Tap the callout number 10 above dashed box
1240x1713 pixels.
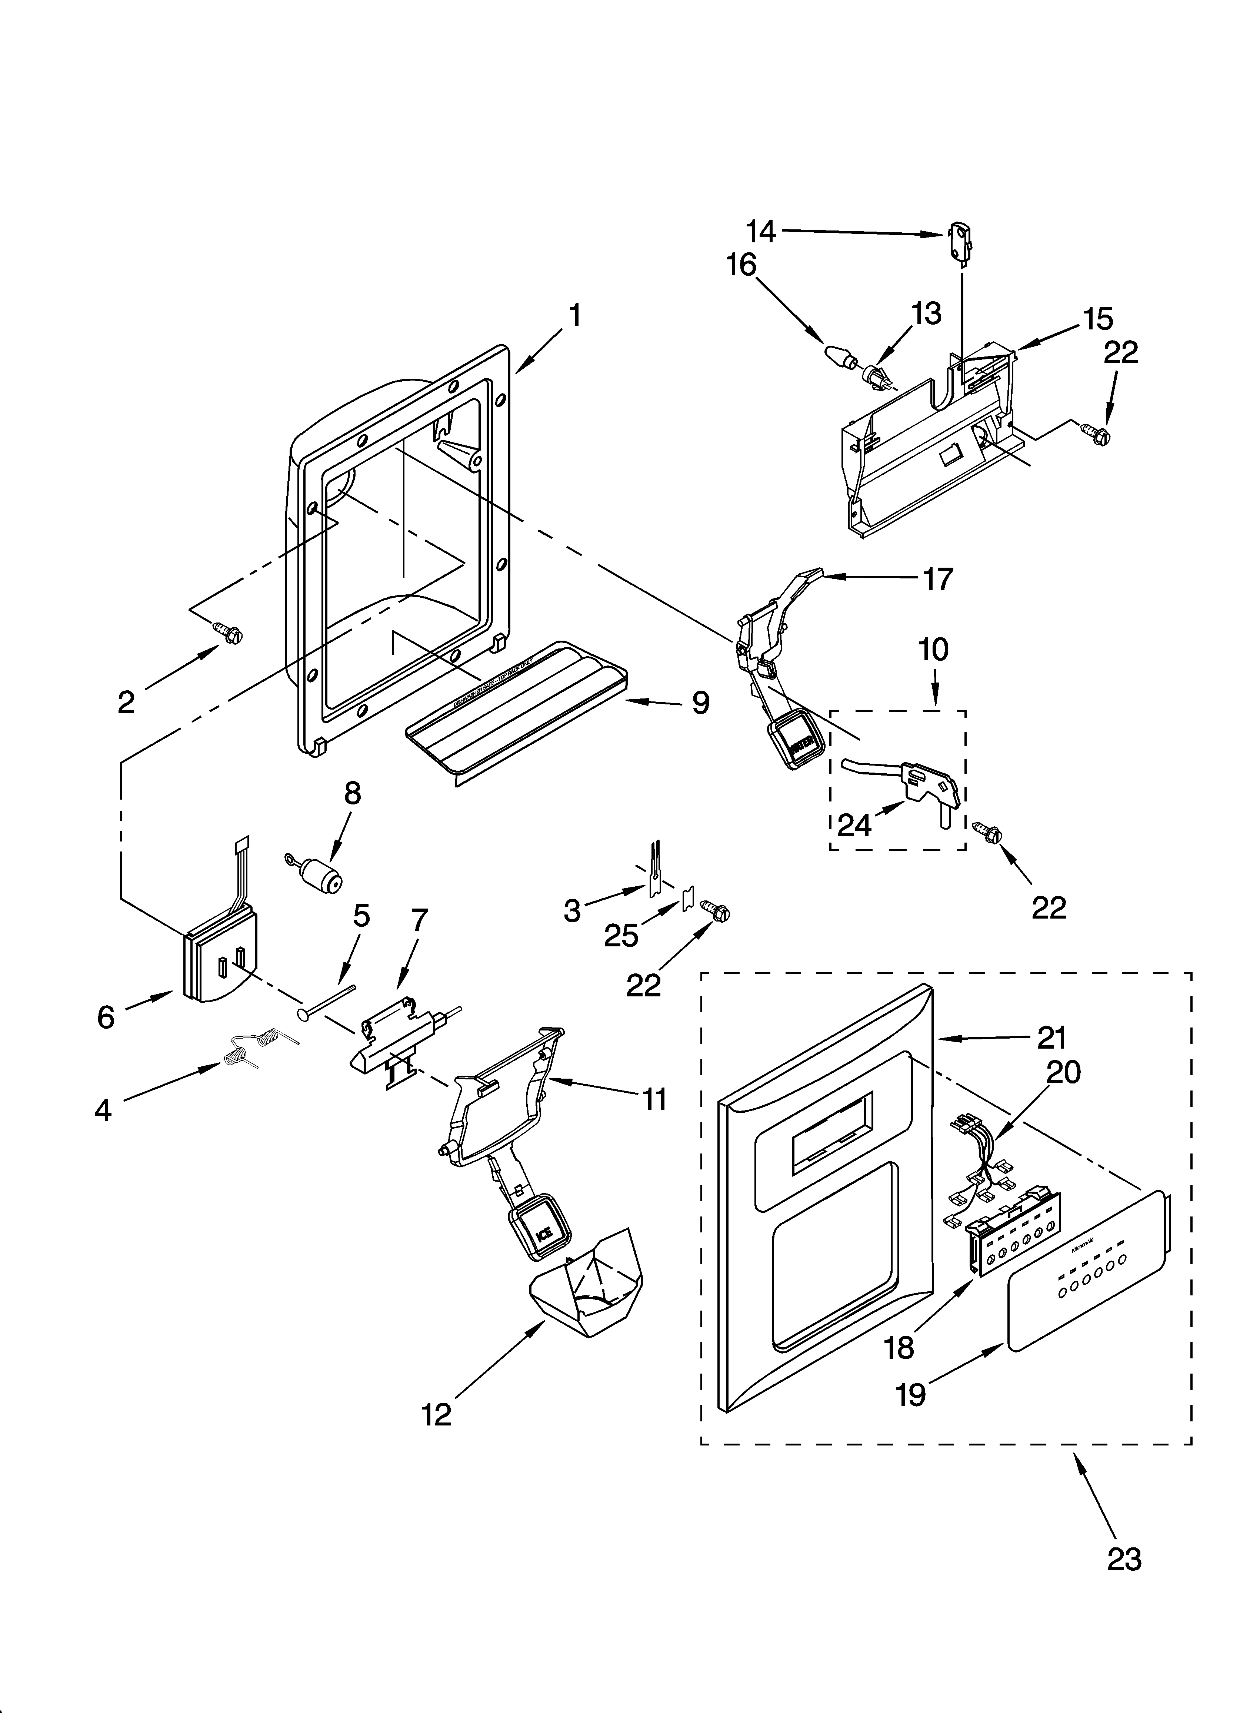[934, 650]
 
